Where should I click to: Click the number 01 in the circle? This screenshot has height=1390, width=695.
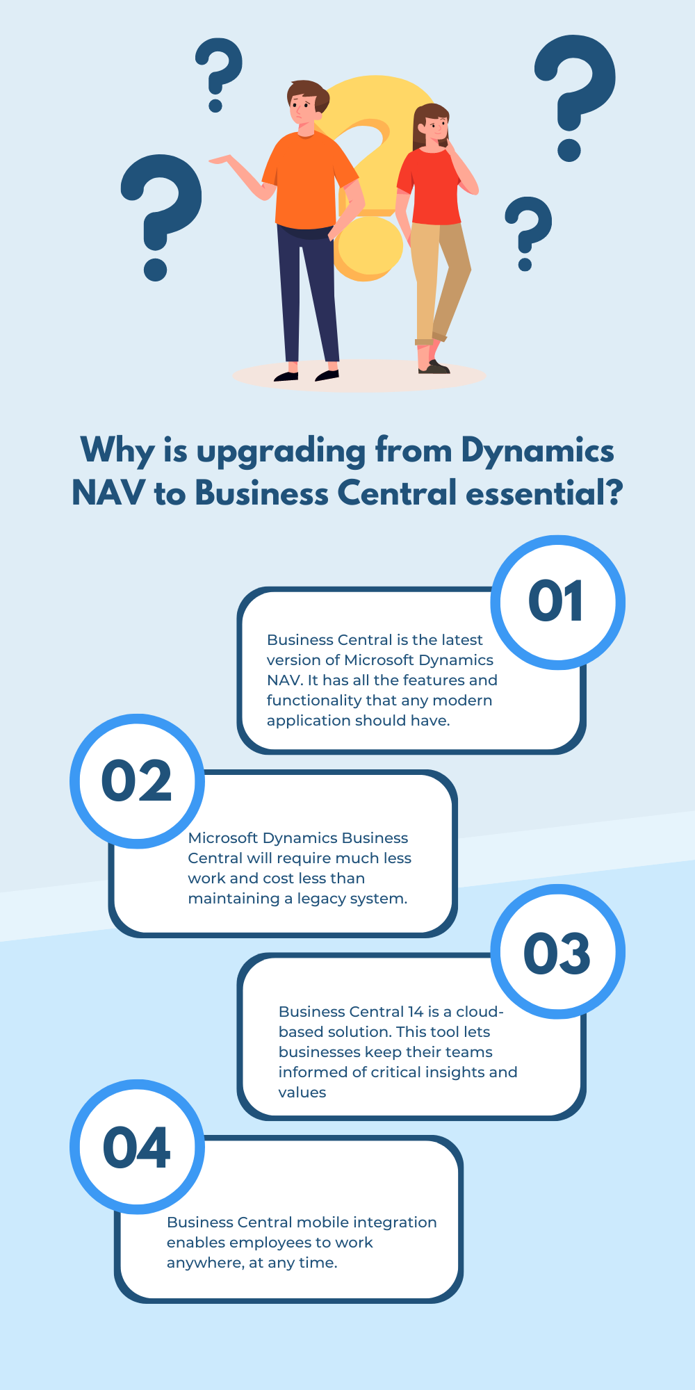555,602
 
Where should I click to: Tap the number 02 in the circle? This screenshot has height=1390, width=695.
136,780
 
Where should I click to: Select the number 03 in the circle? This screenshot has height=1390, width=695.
557,953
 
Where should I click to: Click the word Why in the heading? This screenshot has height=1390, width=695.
117,451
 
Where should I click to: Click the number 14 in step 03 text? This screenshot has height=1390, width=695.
416,1012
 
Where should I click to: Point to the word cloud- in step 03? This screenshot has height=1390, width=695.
480,1012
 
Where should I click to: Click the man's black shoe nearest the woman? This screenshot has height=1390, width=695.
327,375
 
